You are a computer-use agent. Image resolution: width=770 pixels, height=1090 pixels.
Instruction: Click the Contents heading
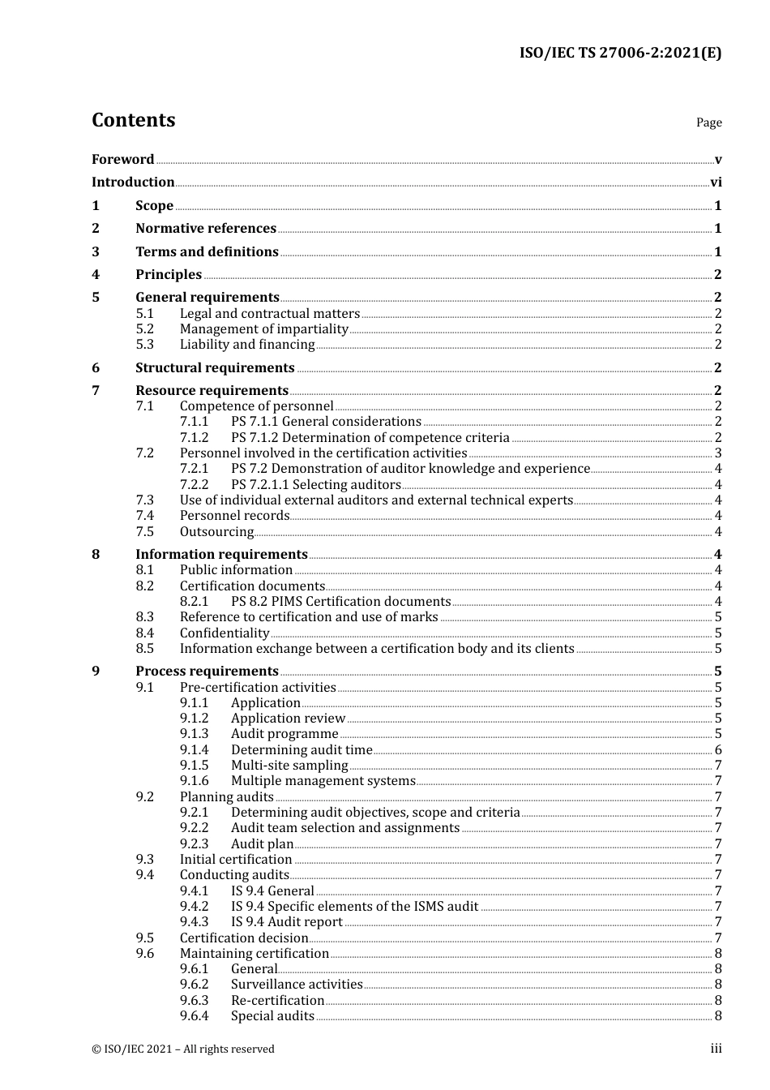[x=133, y=120]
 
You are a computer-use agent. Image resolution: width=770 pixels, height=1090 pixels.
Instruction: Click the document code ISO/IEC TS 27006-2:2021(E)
[x=620, y=53]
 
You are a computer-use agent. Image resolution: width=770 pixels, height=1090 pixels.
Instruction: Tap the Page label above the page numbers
[x=708, y=122]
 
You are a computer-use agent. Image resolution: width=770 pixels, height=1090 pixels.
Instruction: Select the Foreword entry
[x=122, y=160]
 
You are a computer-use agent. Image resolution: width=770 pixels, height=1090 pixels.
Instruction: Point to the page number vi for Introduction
[x=716, y=182]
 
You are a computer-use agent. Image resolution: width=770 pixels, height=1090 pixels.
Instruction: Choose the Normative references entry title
[x=206, y=229]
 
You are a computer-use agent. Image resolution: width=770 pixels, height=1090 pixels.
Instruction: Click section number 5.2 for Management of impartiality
[x=144, y=329]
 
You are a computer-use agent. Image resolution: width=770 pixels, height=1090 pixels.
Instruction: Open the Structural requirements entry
[x=215, y=368]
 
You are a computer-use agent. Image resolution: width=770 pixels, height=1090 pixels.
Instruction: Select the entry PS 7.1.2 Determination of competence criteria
[x=370, y=438]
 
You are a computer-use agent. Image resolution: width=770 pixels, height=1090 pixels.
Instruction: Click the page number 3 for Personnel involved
[x=718, y=453]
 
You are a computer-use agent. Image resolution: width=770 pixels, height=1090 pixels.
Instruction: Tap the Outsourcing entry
[x=216, y=532]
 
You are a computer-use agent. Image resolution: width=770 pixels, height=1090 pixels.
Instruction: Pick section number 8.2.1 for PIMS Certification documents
[x=194, y=602]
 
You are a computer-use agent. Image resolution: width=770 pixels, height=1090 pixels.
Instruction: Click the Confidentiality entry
[x=225, y=633]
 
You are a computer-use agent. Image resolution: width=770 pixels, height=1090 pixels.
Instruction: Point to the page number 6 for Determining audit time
[x=718, y=750]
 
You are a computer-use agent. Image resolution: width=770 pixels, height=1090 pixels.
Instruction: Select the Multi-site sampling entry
[x=289, y=766]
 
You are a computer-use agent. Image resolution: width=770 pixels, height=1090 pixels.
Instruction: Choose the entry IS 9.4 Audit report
[x=286, y=922]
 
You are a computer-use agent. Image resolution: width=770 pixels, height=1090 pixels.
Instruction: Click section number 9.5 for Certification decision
[x=144, y=938]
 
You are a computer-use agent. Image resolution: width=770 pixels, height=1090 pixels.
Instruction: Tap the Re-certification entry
[x=277, y=1001]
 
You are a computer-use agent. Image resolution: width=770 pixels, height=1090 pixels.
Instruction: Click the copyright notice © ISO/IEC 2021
[x=183, y=1049]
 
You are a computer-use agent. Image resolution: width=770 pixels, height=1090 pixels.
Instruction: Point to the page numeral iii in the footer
[x=716, y=1049]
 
